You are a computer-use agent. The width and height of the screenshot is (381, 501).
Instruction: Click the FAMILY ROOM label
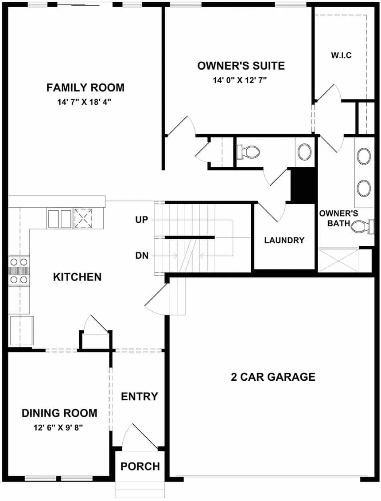(86, 87)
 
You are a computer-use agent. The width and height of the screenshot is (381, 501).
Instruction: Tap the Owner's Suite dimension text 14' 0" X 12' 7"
(240, 81)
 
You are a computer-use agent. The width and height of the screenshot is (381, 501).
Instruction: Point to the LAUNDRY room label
(284, 240)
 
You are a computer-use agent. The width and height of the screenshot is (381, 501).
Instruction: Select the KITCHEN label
(77, 277)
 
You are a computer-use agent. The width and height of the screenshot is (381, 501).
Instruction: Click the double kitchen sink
(59, 218)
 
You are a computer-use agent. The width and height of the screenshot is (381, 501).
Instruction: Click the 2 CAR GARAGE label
(273, 377)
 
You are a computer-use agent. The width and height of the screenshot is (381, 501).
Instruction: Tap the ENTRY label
(140, 396)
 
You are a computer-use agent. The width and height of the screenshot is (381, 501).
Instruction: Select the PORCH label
(140, 466)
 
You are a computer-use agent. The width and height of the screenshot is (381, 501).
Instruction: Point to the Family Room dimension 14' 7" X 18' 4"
(86, 102)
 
